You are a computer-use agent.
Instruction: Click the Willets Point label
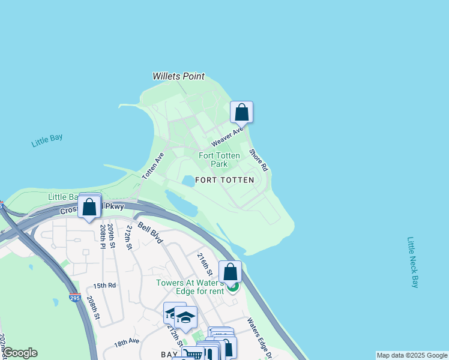[x=178, y=76]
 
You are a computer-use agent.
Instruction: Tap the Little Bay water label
[x=47, y=141]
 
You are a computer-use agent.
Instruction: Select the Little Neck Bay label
[x=413, y=262]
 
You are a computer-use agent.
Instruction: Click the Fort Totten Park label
[x=220, y=160]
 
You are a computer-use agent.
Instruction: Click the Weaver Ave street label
[x=228, y=137]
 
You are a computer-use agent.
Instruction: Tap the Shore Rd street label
[x=258, y=160]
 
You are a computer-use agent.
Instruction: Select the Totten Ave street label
[x=153, y=166]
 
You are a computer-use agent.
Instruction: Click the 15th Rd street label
[x=104, y=286]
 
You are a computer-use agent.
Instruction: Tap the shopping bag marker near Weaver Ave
[x=241, y=112]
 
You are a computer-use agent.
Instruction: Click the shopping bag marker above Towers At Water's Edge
[x=230, y=271]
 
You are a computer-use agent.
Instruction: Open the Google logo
[x=20, y=353]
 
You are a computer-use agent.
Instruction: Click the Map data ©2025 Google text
[x=412, y=355]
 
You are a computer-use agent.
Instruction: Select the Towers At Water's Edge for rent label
[x=190, y=287]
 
